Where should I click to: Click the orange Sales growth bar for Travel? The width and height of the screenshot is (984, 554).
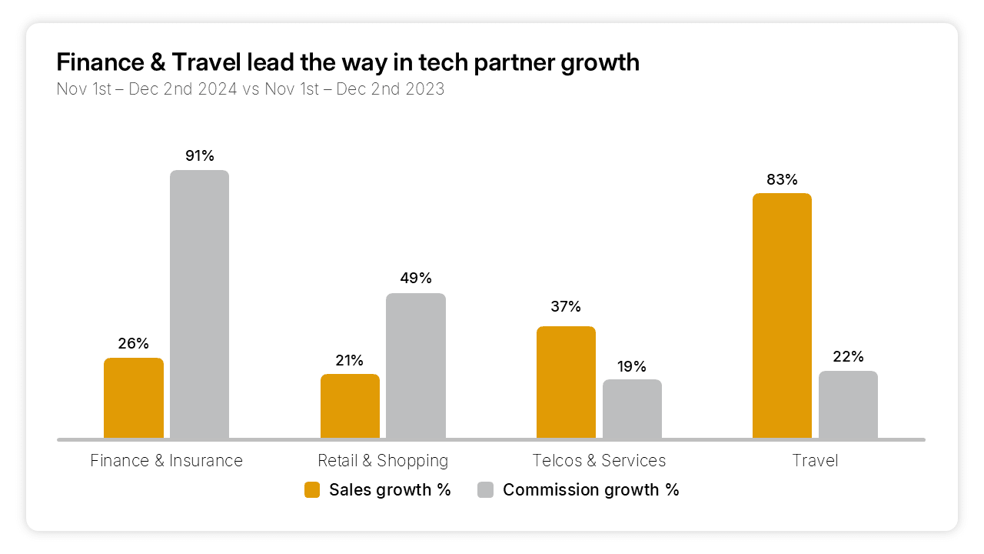[x=782, y=315]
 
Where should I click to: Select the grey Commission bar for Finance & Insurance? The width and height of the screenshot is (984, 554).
[x=199, y=304]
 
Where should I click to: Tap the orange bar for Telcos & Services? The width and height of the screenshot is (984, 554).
[x=566, y=382]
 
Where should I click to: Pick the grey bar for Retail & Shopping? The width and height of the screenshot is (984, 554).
[x=415, y=365]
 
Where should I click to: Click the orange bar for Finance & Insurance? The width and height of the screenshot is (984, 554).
[x=134, y=398]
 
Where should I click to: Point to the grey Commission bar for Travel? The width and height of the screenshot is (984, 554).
[x=848, y=405]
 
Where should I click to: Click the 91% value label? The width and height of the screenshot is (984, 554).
[x=199, y=156]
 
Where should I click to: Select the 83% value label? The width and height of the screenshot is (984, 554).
[x=782, y=180]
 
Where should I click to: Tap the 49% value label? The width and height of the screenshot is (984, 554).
[x=416, y=279]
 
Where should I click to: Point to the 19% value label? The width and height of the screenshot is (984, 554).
[x=632, y=366]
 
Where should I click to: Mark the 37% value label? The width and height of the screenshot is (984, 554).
[x=566, y=307]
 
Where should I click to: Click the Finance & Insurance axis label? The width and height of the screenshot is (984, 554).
[x=166, y=461]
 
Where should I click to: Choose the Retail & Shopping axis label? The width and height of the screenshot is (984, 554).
[x=383, y=461]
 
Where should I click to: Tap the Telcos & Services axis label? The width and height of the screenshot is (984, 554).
[x=599, y=461]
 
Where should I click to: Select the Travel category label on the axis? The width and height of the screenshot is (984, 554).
[x=815, y=461]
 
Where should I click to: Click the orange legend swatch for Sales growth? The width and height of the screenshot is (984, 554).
[x=312, y=490]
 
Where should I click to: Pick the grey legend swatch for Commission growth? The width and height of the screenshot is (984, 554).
[x=485, y=490]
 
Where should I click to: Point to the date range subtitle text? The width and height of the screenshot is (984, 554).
[x=251, y=89]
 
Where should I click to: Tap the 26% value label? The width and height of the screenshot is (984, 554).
[x=134, y=344]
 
